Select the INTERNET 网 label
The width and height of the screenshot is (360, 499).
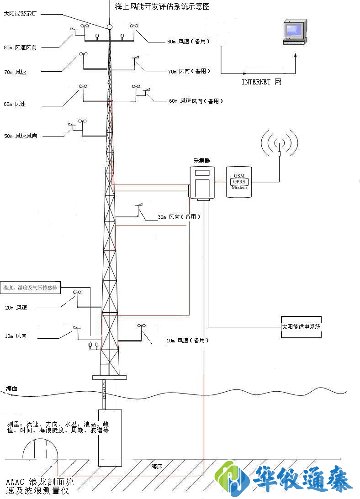pos(261,82)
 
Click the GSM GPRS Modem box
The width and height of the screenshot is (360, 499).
pos(239,182)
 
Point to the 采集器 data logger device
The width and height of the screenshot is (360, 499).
pos(201,183)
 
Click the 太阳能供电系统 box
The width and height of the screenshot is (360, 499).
pos(301,327)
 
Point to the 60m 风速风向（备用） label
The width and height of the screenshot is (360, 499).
pos(196,101)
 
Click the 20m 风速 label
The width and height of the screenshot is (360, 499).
pos(16,308)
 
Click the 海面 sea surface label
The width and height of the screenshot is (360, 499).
pos(12,388)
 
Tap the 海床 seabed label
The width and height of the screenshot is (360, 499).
pos(157,467)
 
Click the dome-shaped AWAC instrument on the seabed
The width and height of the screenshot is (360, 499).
pos(41,449)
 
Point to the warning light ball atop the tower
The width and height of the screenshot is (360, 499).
pos(110,27)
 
